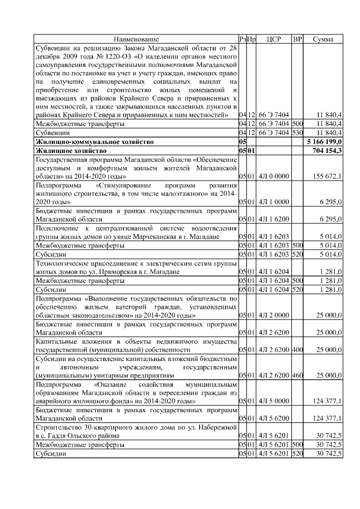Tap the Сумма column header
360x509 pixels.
323,39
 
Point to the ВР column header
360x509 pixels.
298,39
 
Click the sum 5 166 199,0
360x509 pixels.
322,142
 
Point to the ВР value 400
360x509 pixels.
298,350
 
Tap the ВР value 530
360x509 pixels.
298,132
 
